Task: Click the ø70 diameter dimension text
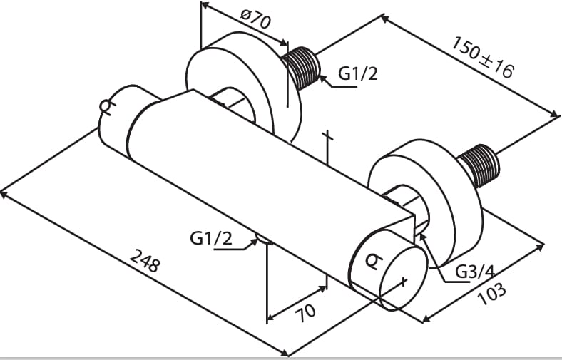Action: coord(255,19)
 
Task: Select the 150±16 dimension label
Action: coord(482,56)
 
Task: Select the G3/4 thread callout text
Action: coord(475,272)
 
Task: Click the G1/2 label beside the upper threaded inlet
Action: coord(357,73)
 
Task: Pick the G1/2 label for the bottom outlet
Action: coord(211,238)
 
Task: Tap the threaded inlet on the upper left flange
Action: coord(302,67)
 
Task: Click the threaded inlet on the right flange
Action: coord(480,166)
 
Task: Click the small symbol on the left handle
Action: coord(106,108)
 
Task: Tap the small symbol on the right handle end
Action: coord(372,262)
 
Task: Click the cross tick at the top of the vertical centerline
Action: coord(327,134)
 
